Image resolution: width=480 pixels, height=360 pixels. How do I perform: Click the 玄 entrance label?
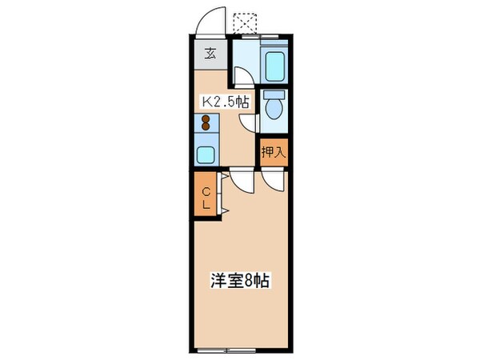tap(210, 54)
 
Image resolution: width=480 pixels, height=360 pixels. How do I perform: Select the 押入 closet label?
tap(272, 152)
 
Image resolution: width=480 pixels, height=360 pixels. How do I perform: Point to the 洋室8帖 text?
tap(239, 282)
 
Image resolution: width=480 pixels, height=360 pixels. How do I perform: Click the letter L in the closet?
tap(206, 204)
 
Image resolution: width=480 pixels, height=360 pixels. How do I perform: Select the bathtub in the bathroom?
tap(273, 63)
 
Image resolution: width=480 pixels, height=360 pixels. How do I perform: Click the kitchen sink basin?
tap(205, 154)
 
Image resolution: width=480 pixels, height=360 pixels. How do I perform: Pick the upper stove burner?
tap(206, 118)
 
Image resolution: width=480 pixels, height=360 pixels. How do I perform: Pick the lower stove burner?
tap(206, 127)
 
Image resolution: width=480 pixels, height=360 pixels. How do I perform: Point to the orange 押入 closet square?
tap(272, 152)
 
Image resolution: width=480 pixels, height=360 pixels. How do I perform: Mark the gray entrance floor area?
tap(210, 56)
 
